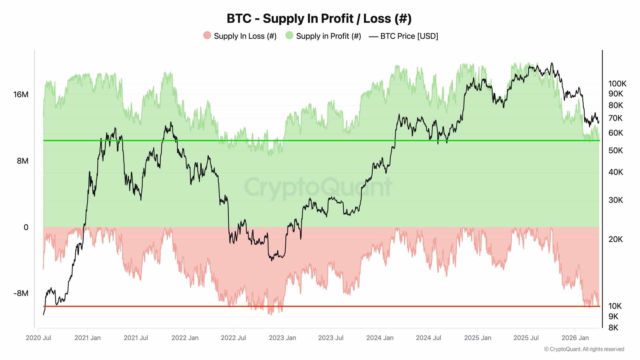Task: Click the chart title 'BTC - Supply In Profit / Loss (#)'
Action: pos(319,19)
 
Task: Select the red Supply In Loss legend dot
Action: pos(207,36)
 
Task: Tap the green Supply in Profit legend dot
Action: pos(289,36)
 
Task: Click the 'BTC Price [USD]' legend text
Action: pos(409,36)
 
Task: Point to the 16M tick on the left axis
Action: pos(21,94)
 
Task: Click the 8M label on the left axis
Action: pos(22,161)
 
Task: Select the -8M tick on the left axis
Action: pos(21,293)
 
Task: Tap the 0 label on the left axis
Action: pos(26,227)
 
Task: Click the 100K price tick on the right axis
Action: pos(617,83)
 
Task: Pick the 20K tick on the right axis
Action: pos(615,239)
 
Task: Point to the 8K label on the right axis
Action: pos(613,327)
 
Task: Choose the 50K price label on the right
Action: pos(615,150)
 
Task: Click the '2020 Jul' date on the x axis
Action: pos(38,338)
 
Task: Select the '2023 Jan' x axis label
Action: pos(282,338)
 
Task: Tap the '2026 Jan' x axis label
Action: pos(575,338)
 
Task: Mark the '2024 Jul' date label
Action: pos(428,338)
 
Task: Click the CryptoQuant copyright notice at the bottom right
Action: pos(584,349)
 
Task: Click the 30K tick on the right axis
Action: pos(615,200)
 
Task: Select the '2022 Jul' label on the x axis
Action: pos(233,338)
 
